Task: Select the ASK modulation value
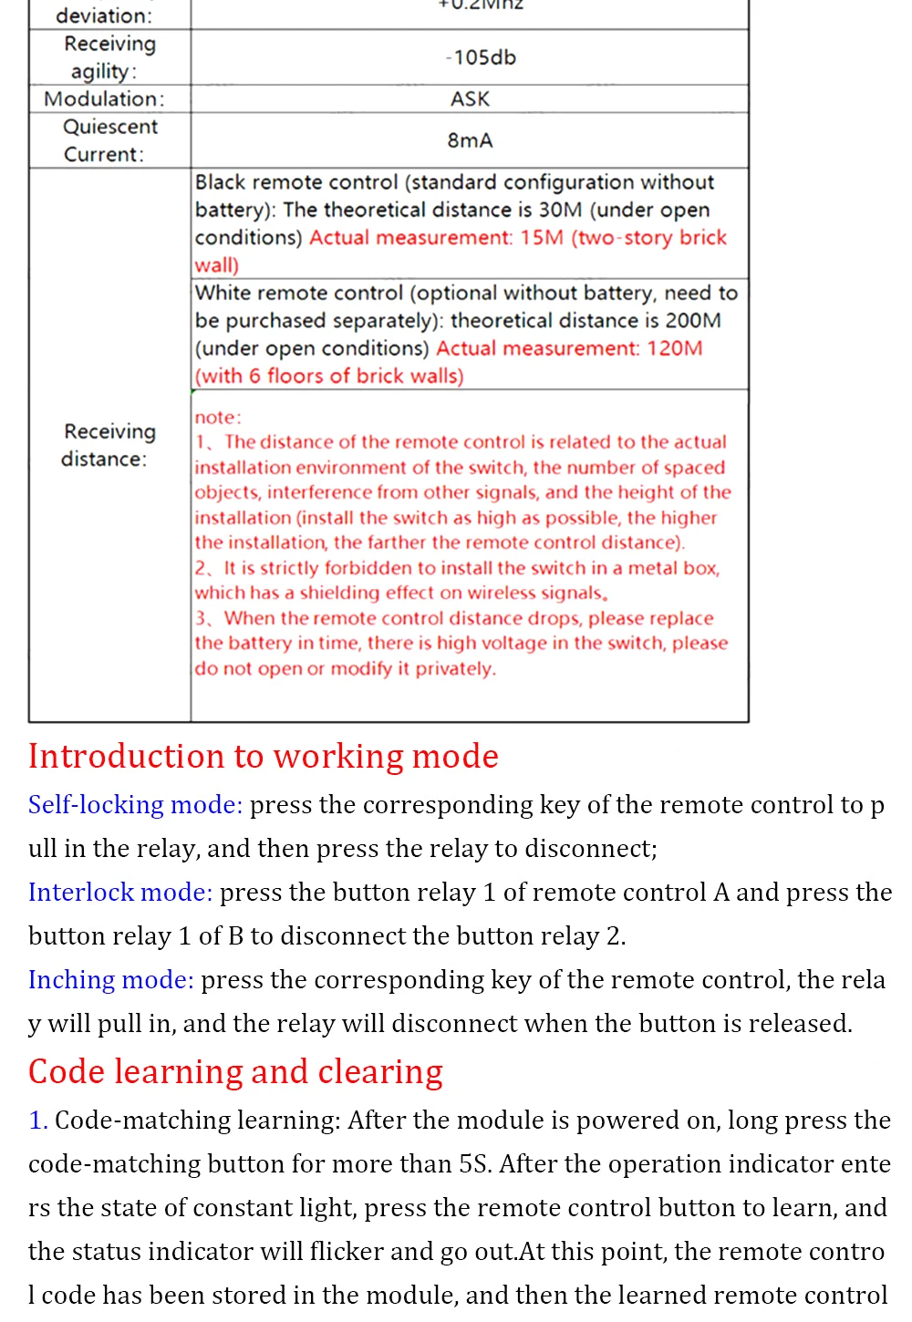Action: (470, 98)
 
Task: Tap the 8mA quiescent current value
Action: (470, 140)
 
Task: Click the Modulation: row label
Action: (104, 98)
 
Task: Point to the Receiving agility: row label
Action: (109, 57)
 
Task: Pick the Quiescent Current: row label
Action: (109, 140)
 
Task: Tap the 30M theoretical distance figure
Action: (560, 210)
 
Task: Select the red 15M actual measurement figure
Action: (542, 238)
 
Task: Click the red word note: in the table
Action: (217, 418)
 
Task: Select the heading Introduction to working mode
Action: (264, 757)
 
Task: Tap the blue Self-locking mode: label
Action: (135, 805)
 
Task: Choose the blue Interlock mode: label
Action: (120, 893)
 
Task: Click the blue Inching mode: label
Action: (111, 980)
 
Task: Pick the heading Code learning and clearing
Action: (235, 1072)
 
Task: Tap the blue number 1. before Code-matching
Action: (37, 1121)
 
